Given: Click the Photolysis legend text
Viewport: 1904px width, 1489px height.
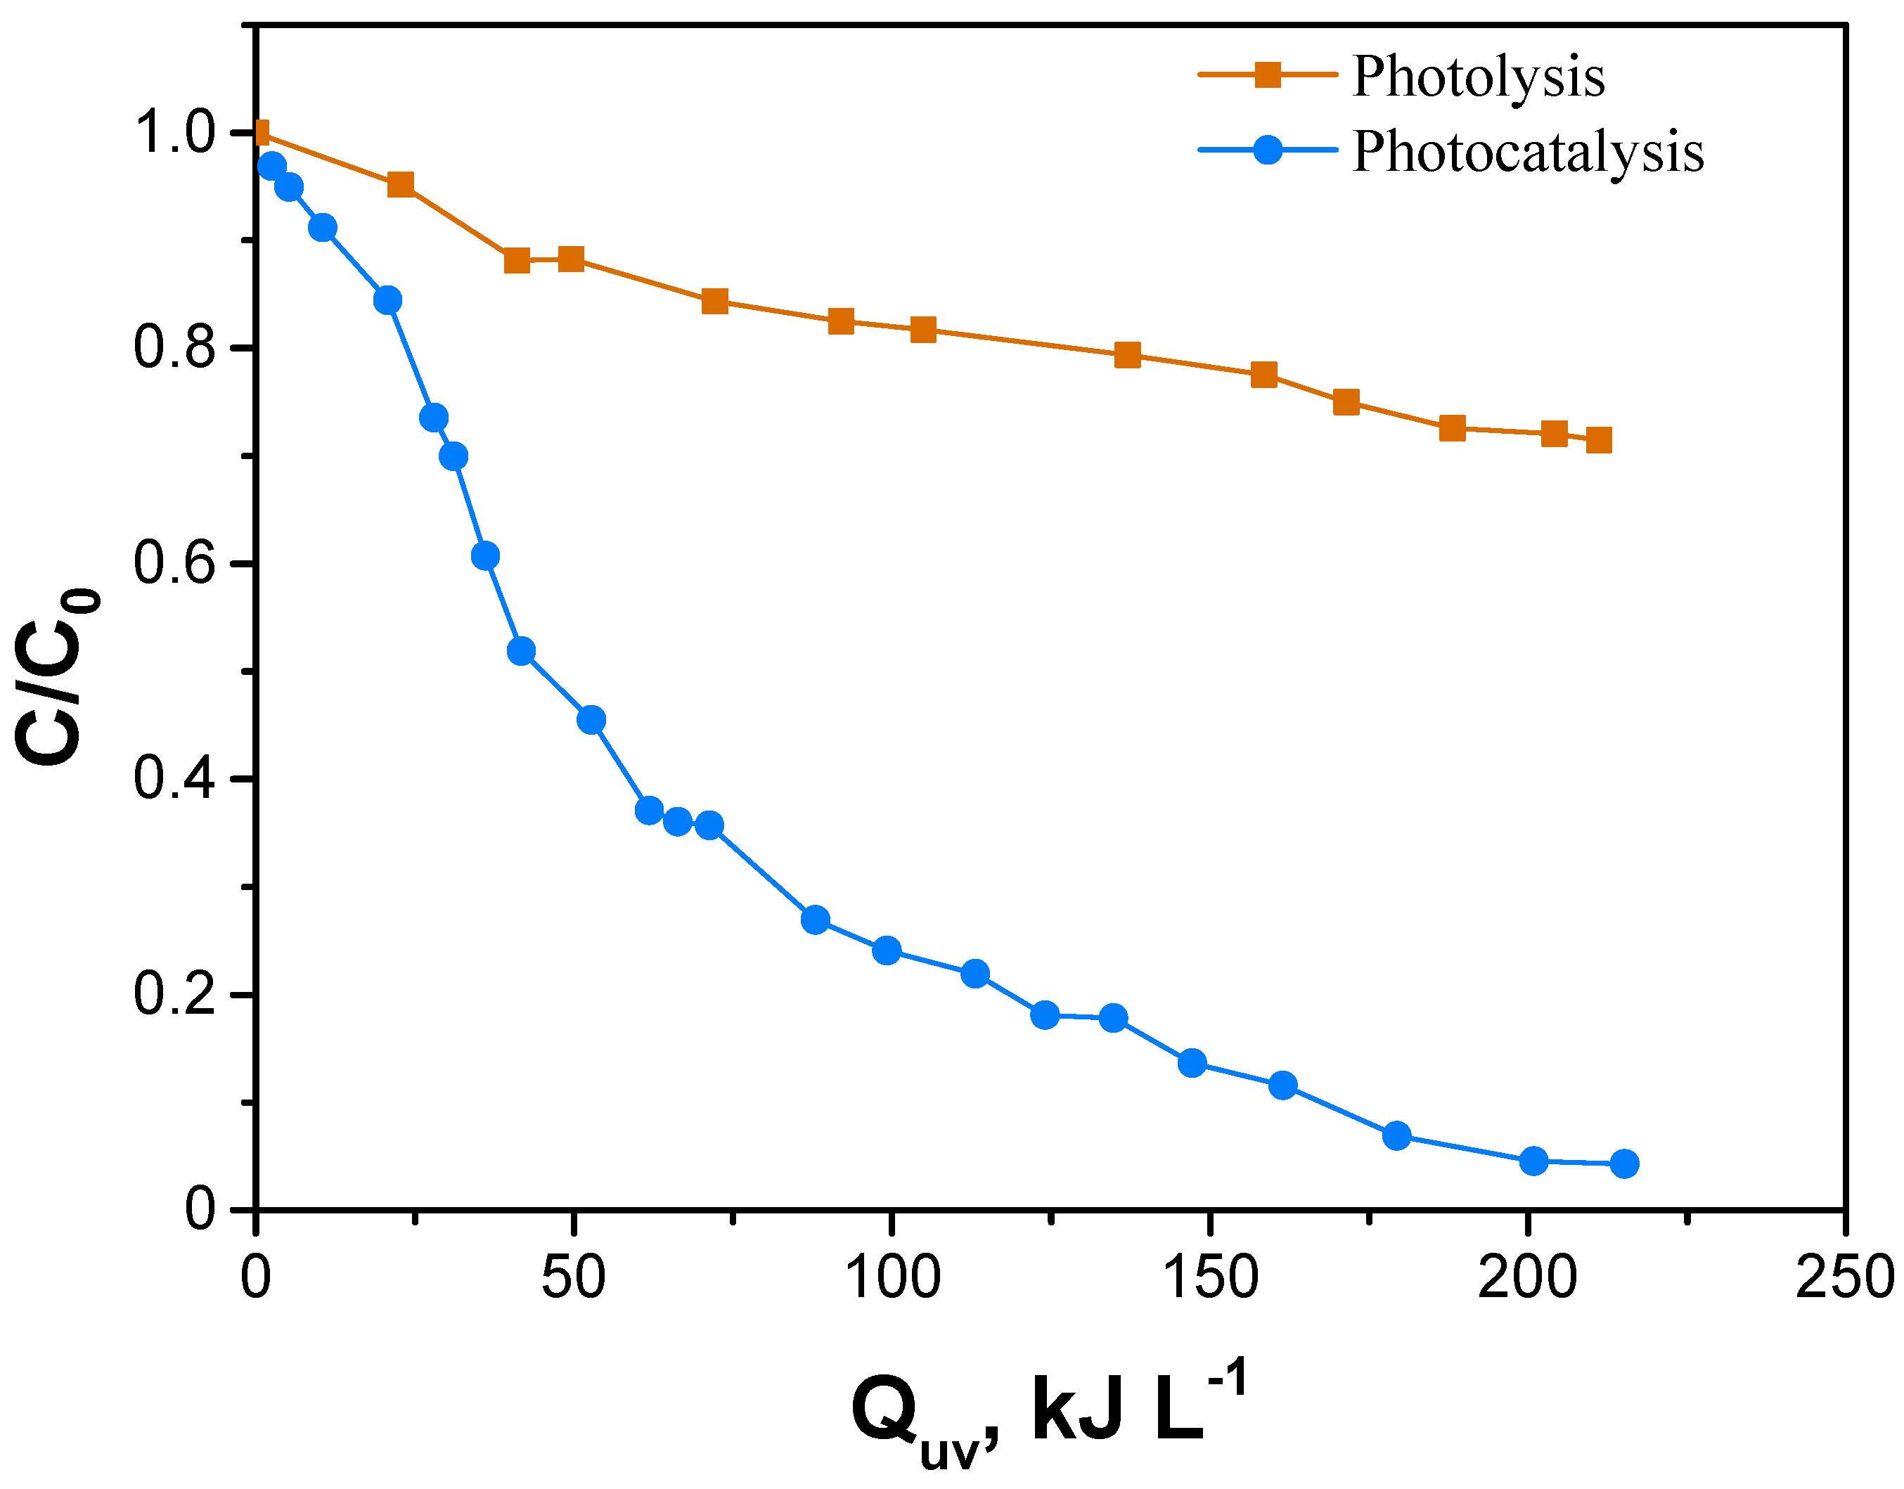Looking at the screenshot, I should click(1478, 77).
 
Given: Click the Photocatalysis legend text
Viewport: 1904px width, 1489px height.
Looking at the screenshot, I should click(1527, 152).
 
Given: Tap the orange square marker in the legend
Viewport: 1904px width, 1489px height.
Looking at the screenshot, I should click(1268, 75).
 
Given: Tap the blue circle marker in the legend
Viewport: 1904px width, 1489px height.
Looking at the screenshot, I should click(1268, 149).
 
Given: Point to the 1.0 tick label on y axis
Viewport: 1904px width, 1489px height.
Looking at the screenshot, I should click(174, 134).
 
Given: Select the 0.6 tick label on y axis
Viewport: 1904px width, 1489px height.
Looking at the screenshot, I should click(174, 563).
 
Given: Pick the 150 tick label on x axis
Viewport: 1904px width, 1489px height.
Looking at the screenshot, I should click(1210, 1278).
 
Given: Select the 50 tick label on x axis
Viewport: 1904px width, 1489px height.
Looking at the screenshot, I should click(573, 1278).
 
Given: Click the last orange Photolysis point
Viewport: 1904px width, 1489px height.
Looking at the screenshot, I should click(1599, 440).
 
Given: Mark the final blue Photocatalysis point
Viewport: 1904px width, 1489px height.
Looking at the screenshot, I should click(1624, 1164).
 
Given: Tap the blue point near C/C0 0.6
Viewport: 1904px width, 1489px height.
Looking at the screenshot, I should click(486, 556).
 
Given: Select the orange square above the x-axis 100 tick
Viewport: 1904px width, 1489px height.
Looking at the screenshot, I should click(923, 330).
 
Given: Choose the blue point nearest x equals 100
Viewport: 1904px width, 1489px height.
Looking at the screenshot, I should click(887, 950).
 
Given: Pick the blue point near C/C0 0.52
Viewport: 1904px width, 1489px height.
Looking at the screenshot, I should click(520, 651).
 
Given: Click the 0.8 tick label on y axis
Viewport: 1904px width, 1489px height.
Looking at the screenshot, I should click(174, 348).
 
